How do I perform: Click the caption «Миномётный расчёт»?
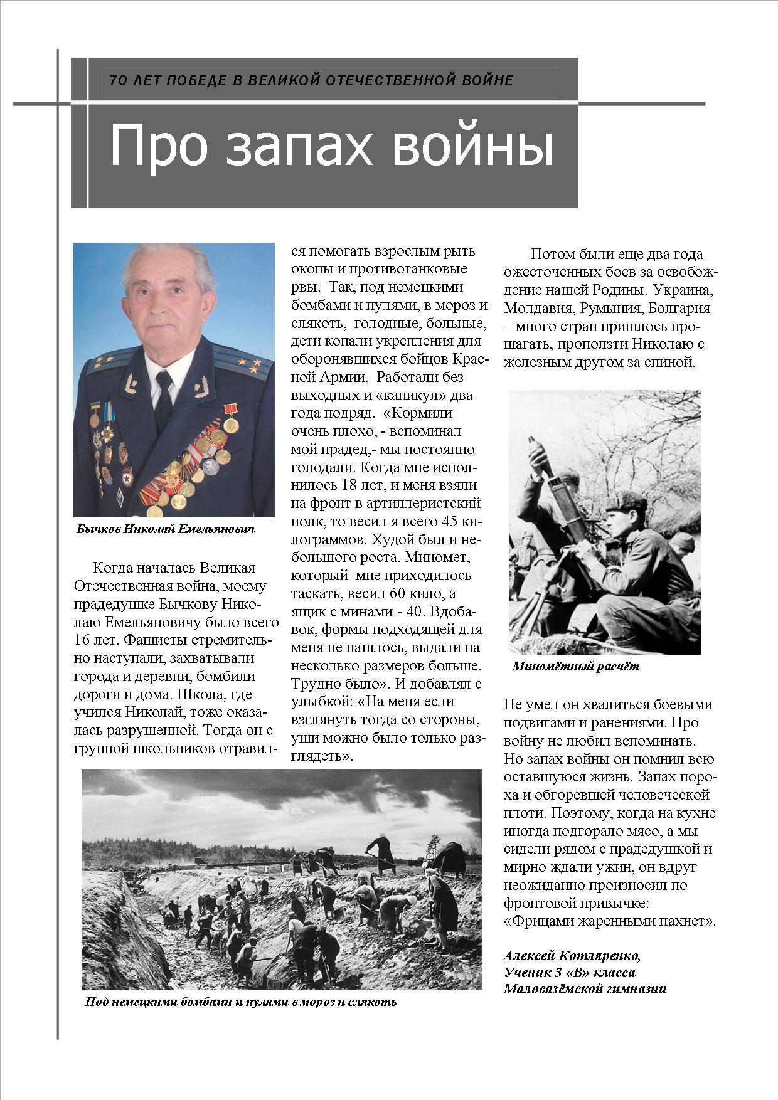coord(575,667)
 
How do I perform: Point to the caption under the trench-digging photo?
coord(241,1019)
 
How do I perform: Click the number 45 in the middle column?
coord(447,521)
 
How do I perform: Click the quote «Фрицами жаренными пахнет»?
coord(609,922)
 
